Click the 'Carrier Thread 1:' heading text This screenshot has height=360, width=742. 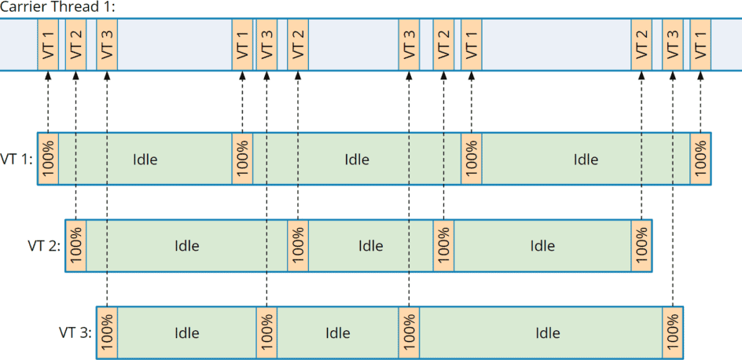click(57, 6)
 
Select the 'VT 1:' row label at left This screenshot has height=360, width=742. click(17, 160)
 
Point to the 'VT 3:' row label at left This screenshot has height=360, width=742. click(75, 332)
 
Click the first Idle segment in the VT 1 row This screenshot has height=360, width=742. click(145, 160)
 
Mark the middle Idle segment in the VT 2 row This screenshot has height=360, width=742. click(370, 246)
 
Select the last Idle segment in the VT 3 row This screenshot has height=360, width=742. click(547, 332)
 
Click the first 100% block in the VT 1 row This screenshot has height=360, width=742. click(48, 160)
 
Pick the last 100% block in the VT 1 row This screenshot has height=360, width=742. click(700, 160)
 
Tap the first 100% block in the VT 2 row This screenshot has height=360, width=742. click(75, 246)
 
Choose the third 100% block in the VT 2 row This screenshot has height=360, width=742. click(443, 246)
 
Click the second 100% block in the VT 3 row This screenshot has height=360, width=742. click(266, 332)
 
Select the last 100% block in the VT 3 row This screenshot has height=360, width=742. click(673, 332)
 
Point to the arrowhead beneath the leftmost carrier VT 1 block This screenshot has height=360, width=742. click(48, 75)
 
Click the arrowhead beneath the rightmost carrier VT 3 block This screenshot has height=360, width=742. click(673, 75)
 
